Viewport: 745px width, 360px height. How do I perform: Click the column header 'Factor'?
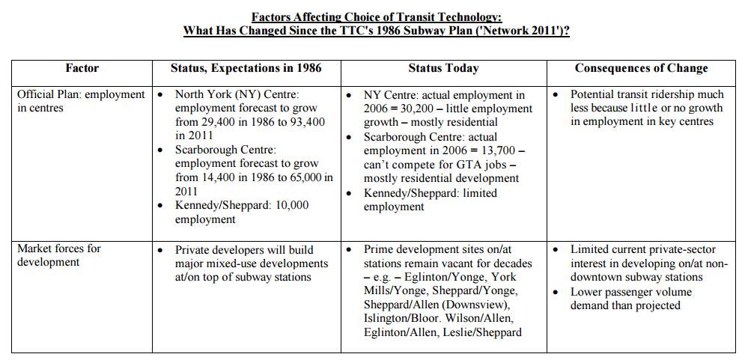click(x=82, y=68)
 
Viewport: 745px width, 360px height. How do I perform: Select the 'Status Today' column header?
click(x=443, y=68)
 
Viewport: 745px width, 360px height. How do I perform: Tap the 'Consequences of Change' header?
click(x=641, y=68)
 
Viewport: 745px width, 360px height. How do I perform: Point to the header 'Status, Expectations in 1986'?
click(x=246, y=68)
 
